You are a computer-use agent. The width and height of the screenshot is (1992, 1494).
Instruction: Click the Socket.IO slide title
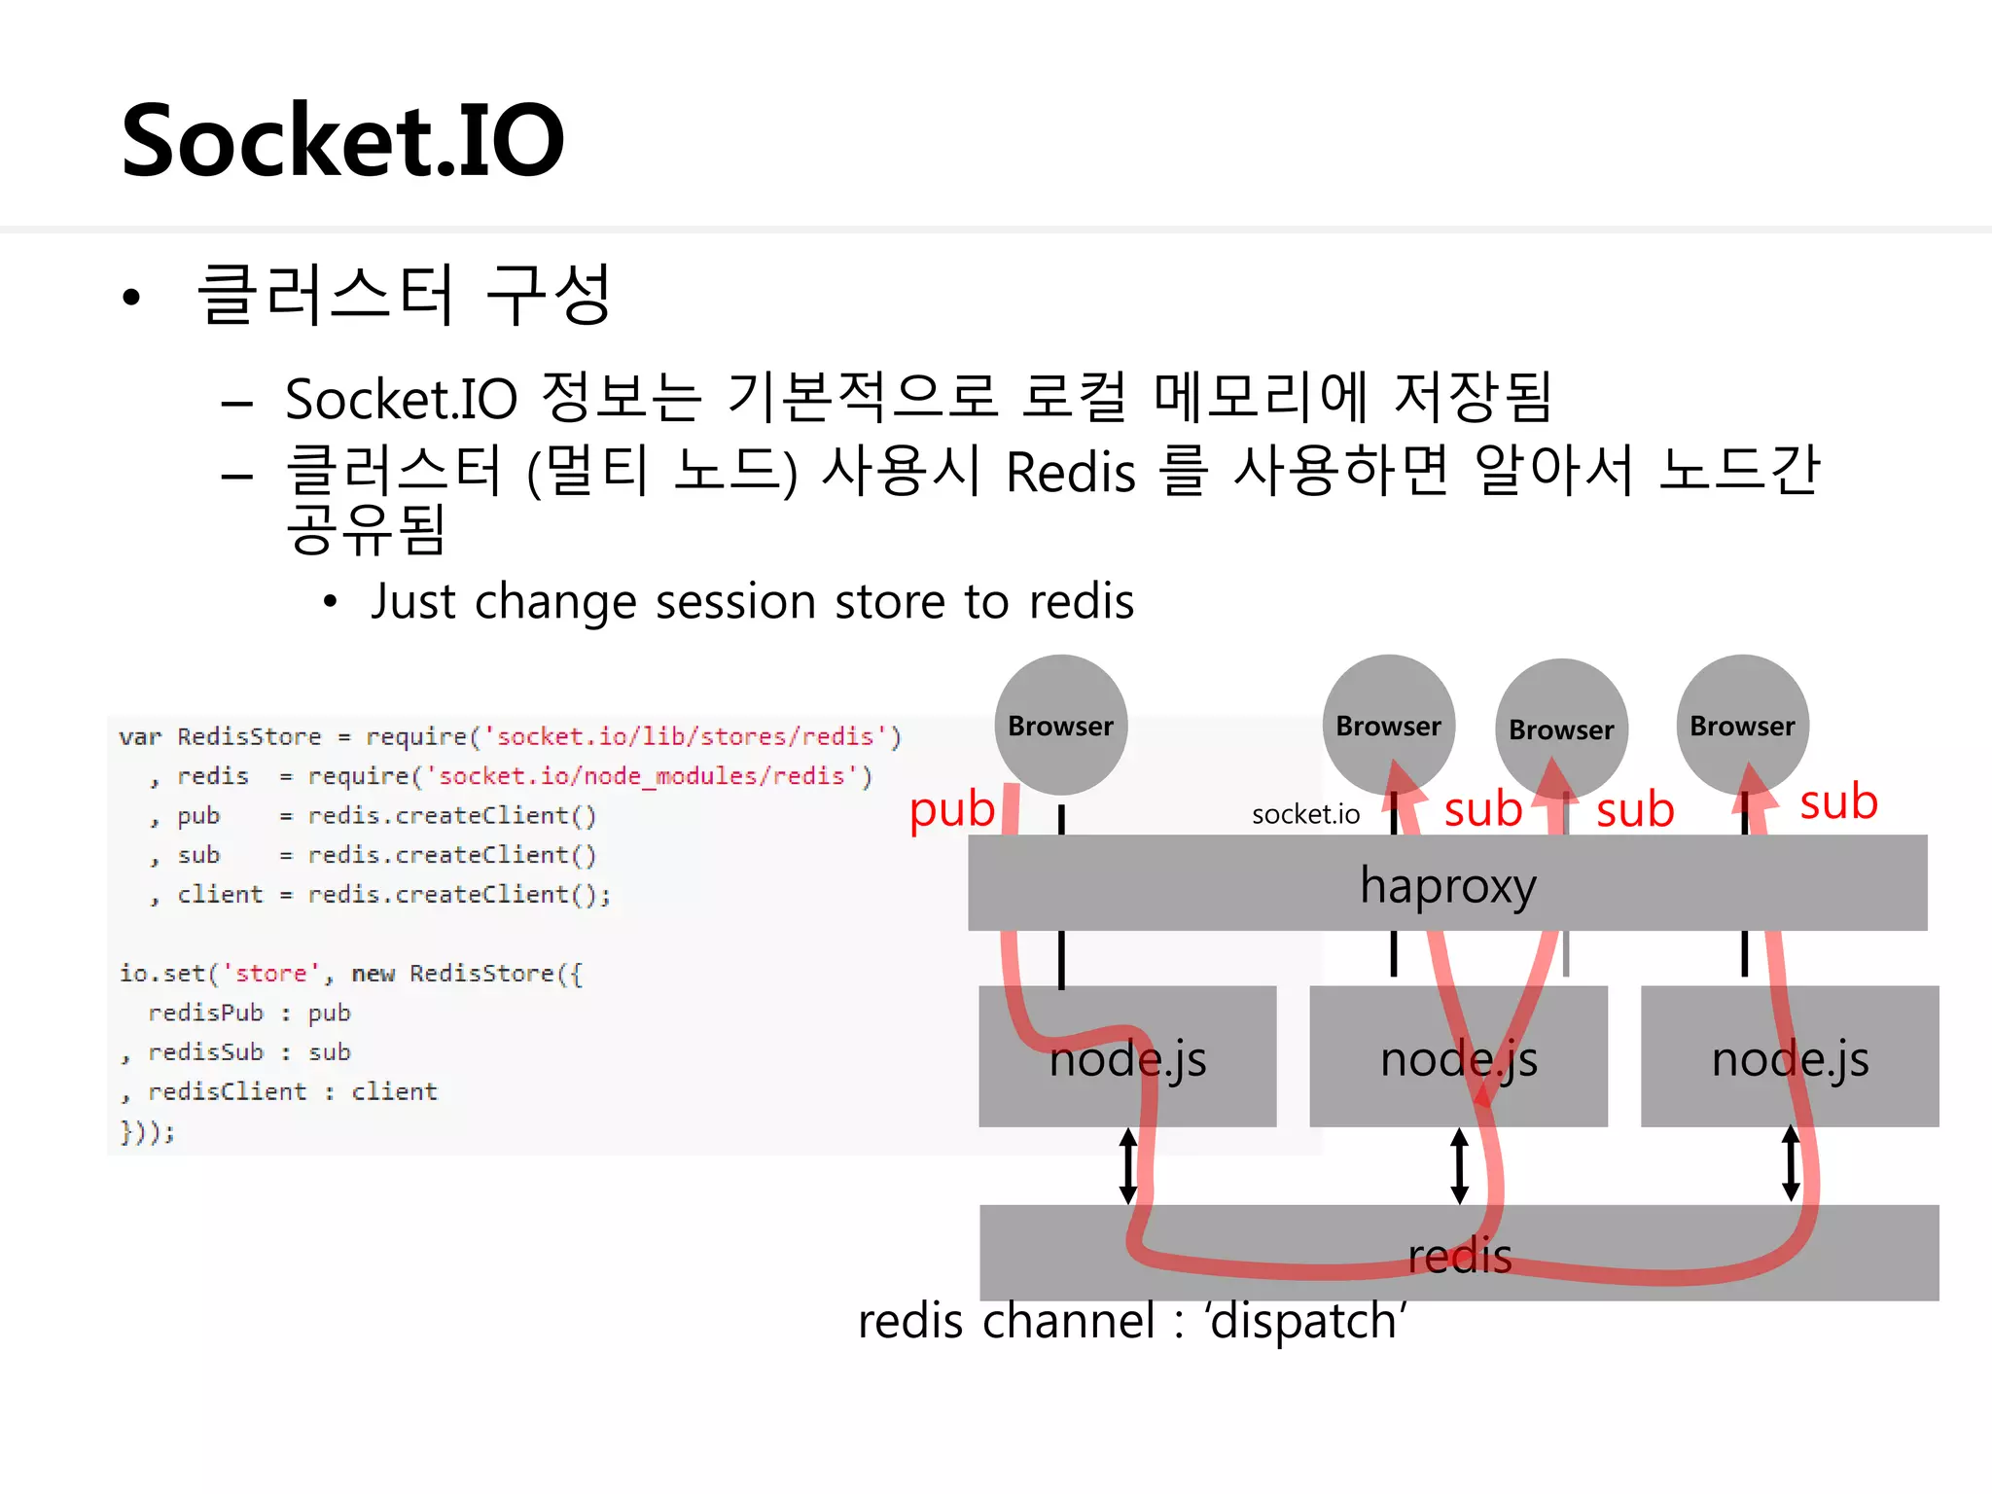[x=342, y=141]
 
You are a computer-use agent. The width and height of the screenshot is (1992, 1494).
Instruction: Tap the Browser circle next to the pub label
[x=1060, y=725]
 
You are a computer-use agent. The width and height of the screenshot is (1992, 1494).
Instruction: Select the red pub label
[x=951, y=809]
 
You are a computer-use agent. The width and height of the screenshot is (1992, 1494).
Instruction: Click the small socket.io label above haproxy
[x=1305, y=814]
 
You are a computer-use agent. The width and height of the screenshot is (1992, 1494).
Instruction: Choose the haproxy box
[x=1447, y=883]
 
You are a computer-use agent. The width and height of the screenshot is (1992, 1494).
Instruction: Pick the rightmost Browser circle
[x=1742, y=725]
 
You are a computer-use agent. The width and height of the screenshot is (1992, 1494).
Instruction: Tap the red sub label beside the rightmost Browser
[x=1837, y=802]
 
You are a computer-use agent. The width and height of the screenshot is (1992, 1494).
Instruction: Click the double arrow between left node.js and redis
[x=1127, y=1165]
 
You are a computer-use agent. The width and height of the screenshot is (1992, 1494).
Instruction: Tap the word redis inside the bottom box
[x=1459, y=1256]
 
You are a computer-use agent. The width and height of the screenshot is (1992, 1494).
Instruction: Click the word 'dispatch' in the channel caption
[x=1305, y=1322]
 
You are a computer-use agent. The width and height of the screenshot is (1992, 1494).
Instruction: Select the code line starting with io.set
[x=350, y=974]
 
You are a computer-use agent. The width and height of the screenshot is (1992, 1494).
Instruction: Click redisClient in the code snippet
[x=227, y=1092]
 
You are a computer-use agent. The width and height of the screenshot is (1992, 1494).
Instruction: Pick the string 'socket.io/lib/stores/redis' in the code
[x=685, y=736]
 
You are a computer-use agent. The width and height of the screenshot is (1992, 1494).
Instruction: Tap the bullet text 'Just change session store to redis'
[x=751, y=601]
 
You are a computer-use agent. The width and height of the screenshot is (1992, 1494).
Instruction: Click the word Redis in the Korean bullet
[x=1070, y=474]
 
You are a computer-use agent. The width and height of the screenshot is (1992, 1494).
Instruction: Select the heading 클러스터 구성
[x=404, y=295]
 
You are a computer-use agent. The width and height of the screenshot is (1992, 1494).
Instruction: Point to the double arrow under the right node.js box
[x=1791, y=1163]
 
